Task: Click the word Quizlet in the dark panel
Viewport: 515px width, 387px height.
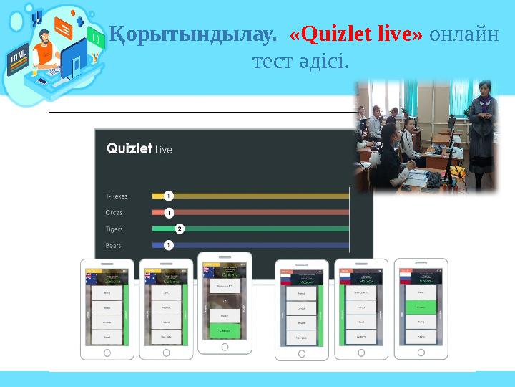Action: (x=129, y=148)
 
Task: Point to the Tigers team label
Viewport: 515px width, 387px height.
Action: (x=114, y=229)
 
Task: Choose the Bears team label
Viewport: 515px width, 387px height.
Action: (x=114, y=246)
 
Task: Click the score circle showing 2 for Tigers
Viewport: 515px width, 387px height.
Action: (x=180, y=229)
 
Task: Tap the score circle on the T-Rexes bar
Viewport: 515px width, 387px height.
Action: (x=168, y=195)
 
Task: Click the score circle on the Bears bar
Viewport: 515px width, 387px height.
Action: (x=168, y=246)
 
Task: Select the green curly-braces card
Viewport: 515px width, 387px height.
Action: (x=94, y=35)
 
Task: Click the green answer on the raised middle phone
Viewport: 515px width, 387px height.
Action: (x=225, y=331)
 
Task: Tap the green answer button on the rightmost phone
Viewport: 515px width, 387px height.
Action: (x=421, y=306)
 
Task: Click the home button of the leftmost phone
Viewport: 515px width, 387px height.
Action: (x=107, y=353)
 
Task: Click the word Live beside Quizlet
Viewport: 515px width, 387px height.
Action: (x=164, y=150)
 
